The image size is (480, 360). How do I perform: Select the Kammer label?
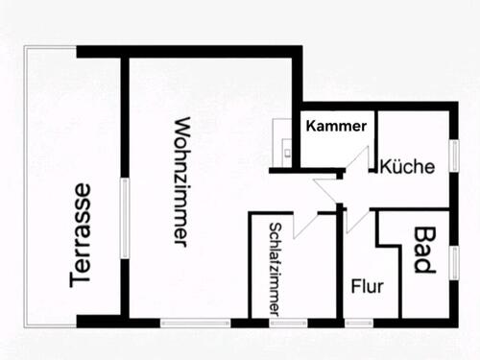[x=336, y=126]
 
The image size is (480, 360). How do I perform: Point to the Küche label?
[x=407, y=166]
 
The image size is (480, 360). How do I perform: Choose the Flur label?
[x=367, y=285]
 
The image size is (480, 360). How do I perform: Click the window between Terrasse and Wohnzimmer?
[x=123, y=217]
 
